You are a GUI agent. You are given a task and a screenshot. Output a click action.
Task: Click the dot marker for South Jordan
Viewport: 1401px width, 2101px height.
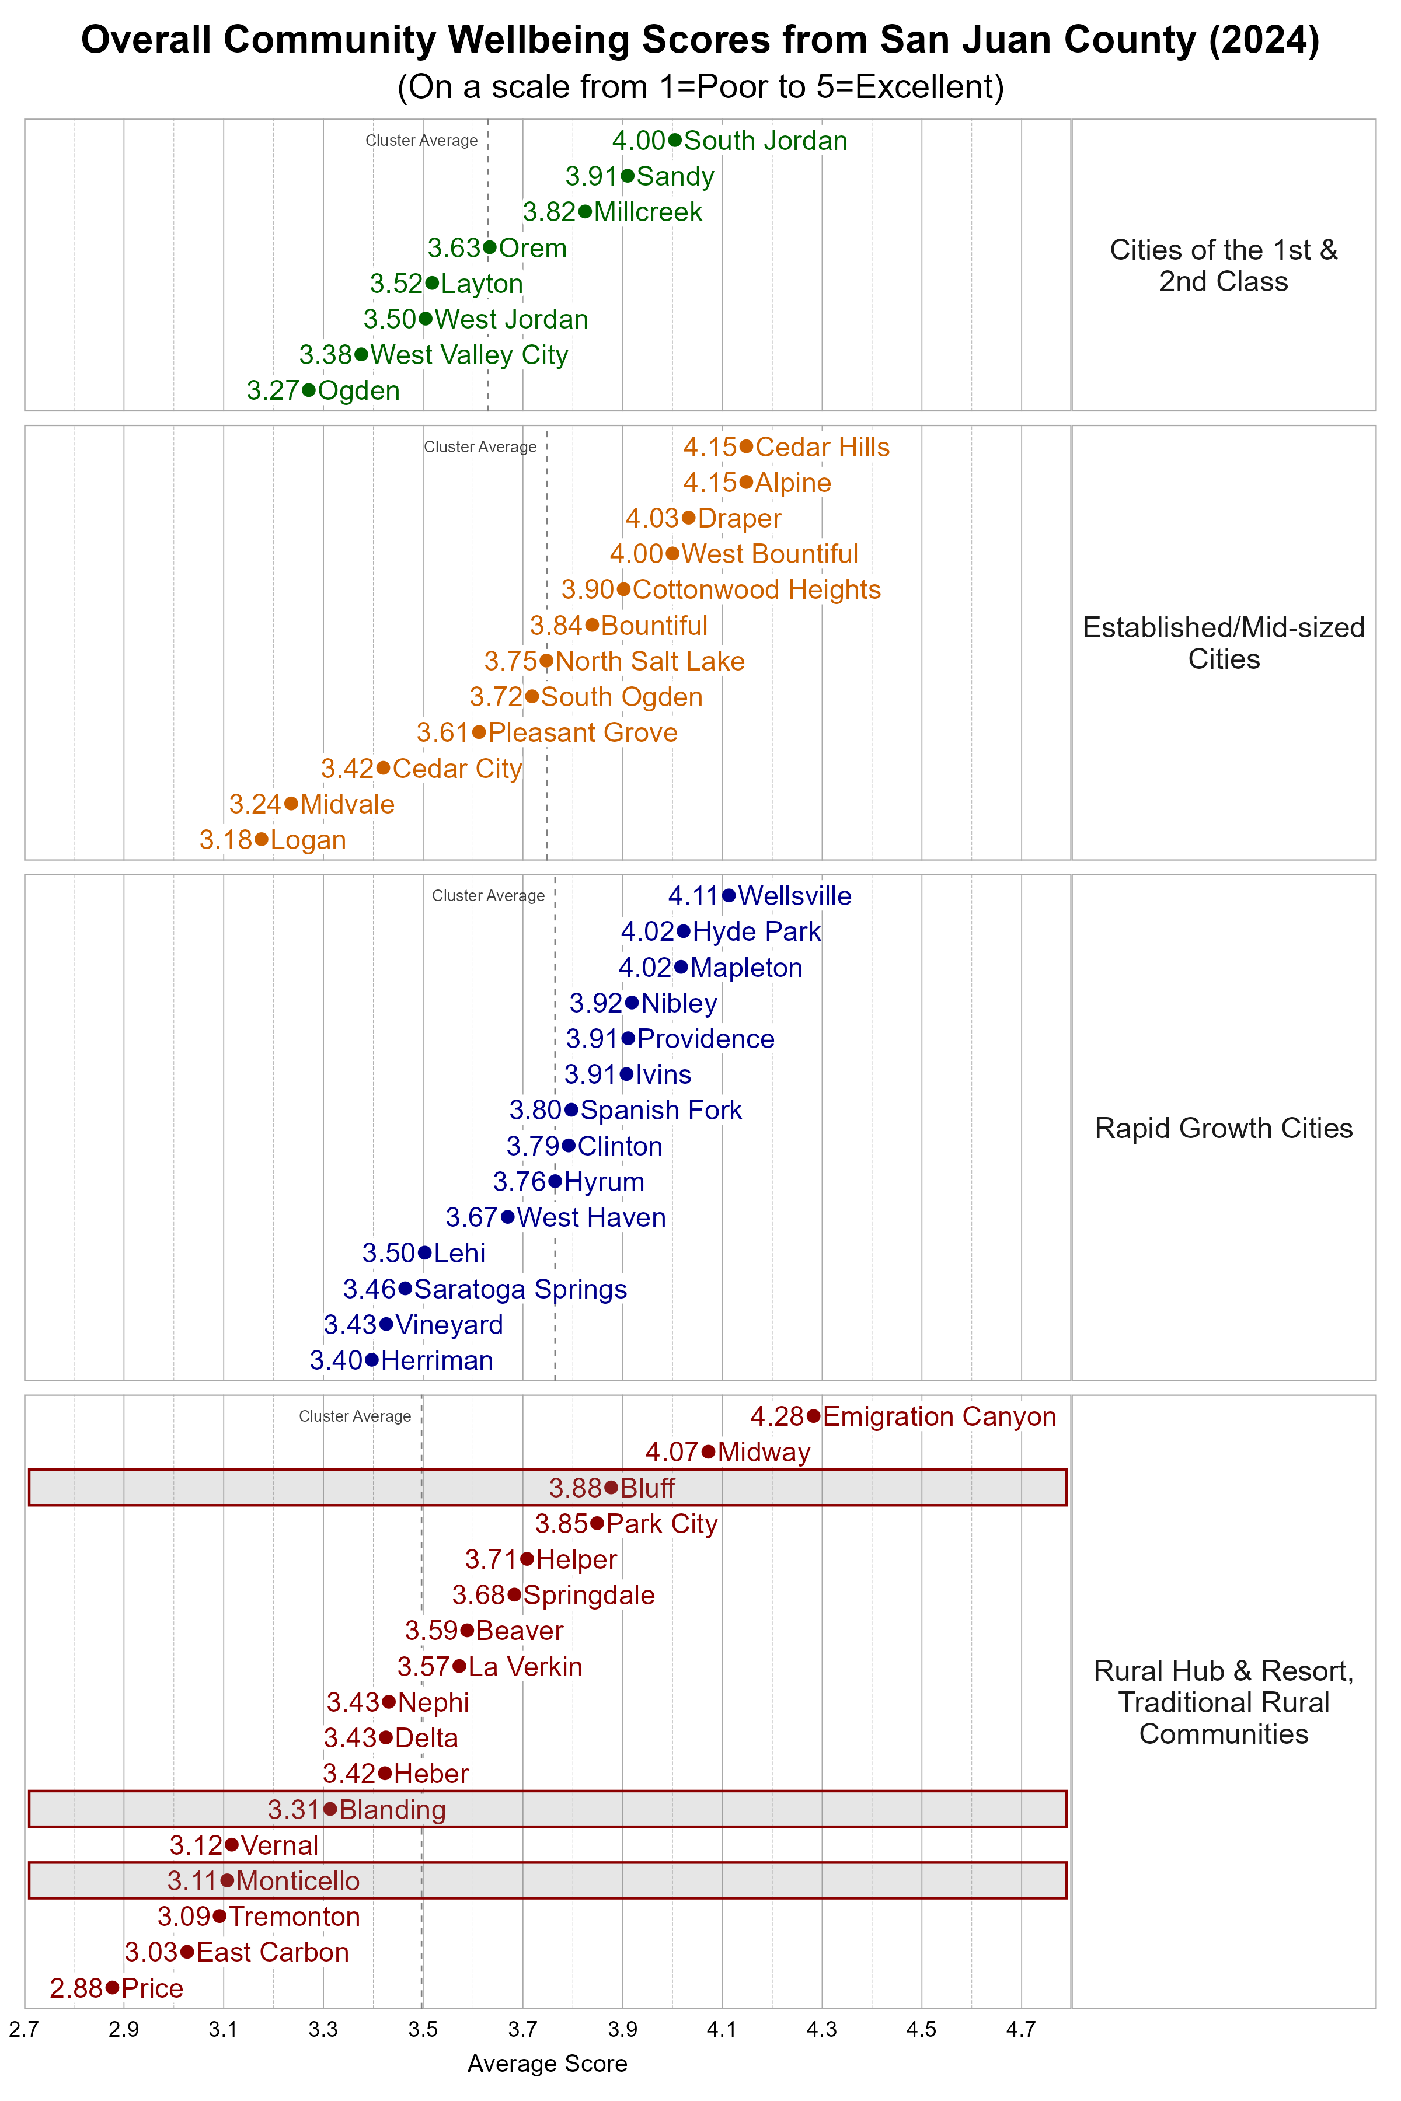675,140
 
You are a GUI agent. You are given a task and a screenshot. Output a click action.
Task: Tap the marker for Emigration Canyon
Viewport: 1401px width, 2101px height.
813,1416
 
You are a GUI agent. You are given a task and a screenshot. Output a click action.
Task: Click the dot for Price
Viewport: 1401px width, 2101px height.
111,1988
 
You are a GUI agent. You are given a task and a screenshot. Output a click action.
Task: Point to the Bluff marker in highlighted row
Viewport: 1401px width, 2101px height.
611,1487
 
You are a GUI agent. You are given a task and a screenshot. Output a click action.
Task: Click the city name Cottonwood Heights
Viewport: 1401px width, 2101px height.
756,589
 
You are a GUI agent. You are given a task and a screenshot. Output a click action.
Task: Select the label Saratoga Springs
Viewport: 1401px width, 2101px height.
520,1289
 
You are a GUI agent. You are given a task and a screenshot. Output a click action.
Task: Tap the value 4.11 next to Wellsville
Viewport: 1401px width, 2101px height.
692,896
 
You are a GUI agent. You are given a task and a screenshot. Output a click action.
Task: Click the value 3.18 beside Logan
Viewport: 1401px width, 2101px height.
225,840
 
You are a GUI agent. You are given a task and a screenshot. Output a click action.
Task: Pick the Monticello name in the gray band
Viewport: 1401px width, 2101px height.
298,1880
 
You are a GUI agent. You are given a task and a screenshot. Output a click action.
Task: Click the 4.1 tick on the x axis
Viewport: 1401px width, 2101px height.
722,2030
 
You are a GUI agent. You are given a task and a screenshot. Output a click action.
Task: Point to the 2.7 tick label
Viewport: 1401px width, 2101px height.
24,2030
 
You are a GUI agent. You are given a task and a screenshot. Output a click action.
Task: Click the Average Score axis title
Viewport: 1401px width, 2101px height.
547,2064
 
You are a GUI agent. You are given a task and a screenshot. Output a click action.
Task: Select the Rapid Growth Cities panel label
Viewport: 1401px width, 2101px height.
1223,1128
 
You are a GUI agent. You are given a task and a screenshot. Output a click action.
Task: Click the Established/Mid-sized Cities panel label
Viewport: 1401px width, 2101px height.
1223,643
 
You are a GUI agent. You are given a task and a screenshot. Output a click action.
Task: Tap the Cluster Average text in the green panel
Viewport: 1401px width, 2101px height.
421,140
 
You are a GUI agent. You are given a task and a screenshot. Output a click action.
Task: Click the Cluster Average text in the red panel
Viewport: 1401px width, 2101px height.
355,1416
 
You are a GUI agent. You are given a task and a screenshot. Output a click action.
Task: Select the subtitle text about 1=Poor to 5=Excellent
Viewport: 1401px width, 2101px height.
700,86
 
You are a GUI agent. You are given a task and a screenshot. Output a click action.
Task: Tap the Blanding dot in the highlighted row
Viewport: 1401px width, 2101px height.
330,1809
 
